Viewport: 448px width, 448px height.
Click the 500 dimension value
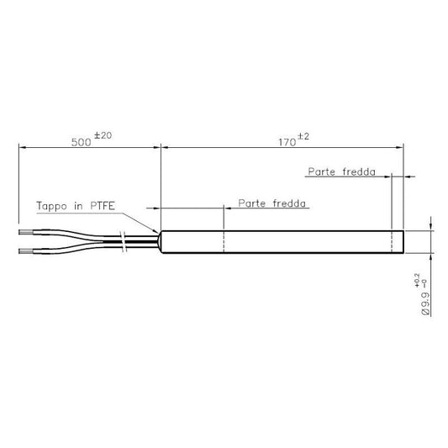pos(82,142)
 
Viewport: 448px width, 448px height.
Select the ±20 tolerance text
pos(103,135)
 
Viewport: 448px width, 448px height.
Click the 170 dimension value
pos(287,142)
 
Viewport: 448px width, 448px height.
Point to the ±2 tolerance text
pos(303,136)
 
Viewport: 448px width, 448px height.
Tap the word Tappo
pos(52,206)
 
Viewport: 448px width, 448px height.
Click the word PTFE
pos(103,205)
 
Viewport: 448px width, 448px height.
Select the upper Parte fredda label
pos(342,171)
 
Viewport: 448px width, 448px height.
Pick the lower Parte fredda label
pos(272,203)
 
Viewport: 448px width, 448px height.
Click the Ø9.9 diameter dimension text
pos(425,303)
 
